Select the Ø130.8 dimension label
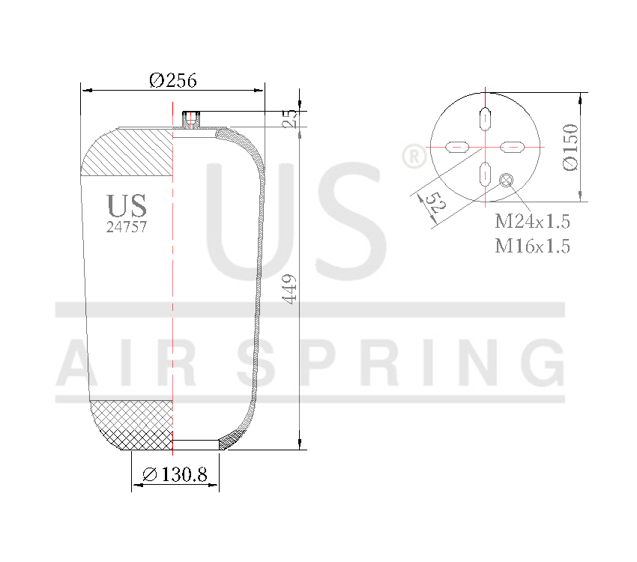(174, 474)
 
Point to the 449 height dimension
(291, 288)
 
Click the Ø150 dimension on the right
(571, 148)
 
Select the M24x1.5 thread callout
(532, 222)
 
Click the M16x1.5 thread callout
(532, 246)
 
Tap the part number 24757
(126, 227)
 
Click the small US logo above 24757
(126, 205)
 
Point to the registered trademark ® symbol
(414, 157)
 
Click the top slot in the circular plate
(486, 119)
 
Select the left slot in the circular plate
(457, 147)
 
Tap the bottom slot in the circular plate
(486, 174)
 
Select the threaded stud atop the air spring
(192, 119)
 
